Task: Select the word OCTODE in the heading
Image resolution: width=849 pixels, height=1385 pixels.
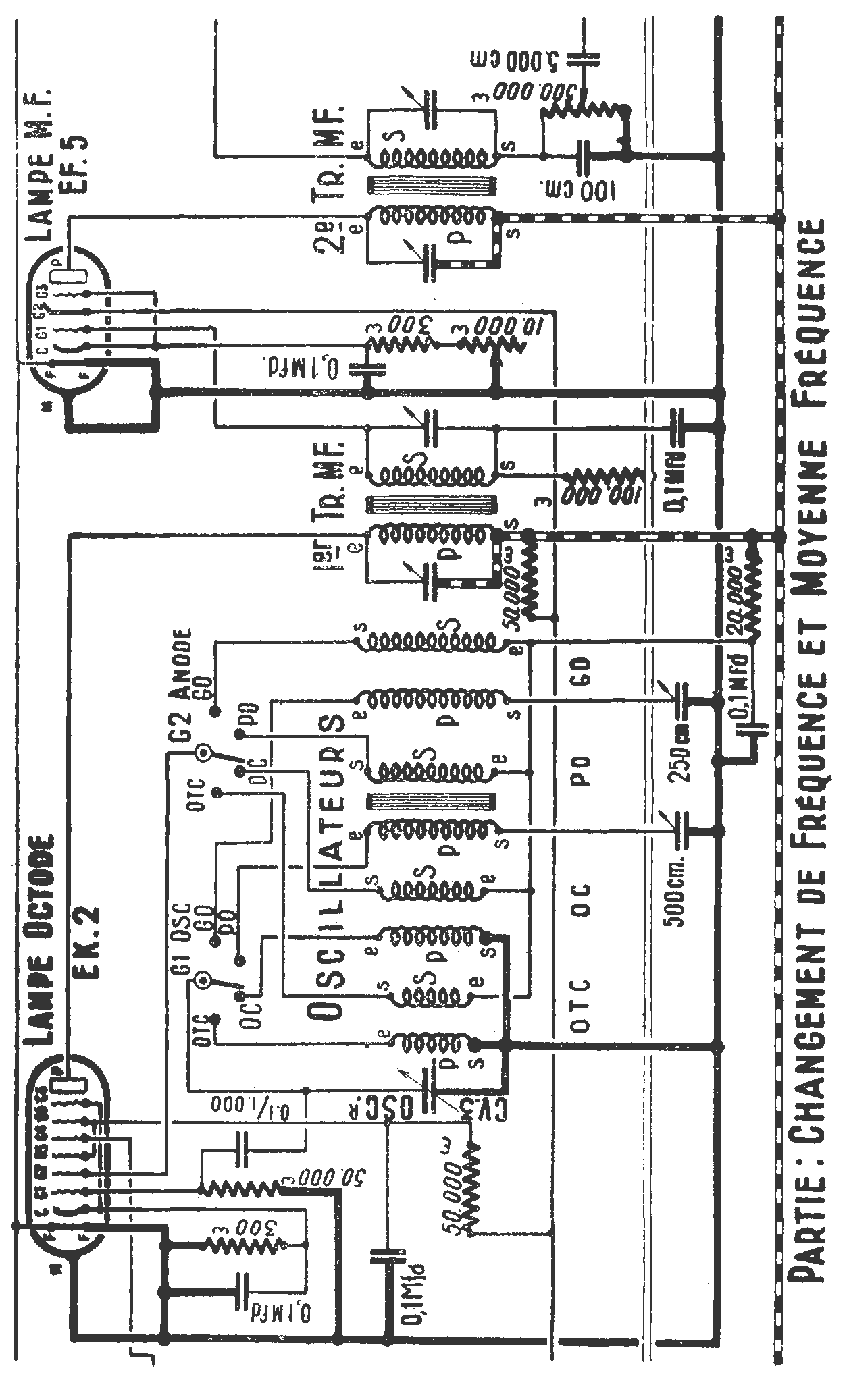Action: point(46,897)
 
